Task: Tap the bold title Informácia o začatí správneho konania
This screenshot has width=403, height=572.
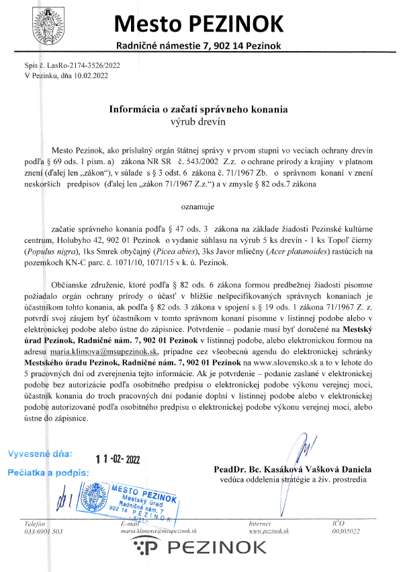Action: click(x=198, y=108)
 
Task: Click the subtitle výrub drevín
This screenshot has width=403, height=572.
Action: click(x=198, y=121)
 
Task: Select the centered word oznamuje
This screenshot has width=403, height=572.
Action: click(x=198, y=201)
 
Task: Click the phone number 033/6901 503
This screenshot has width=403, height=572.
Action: click(x=43, y=531)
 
